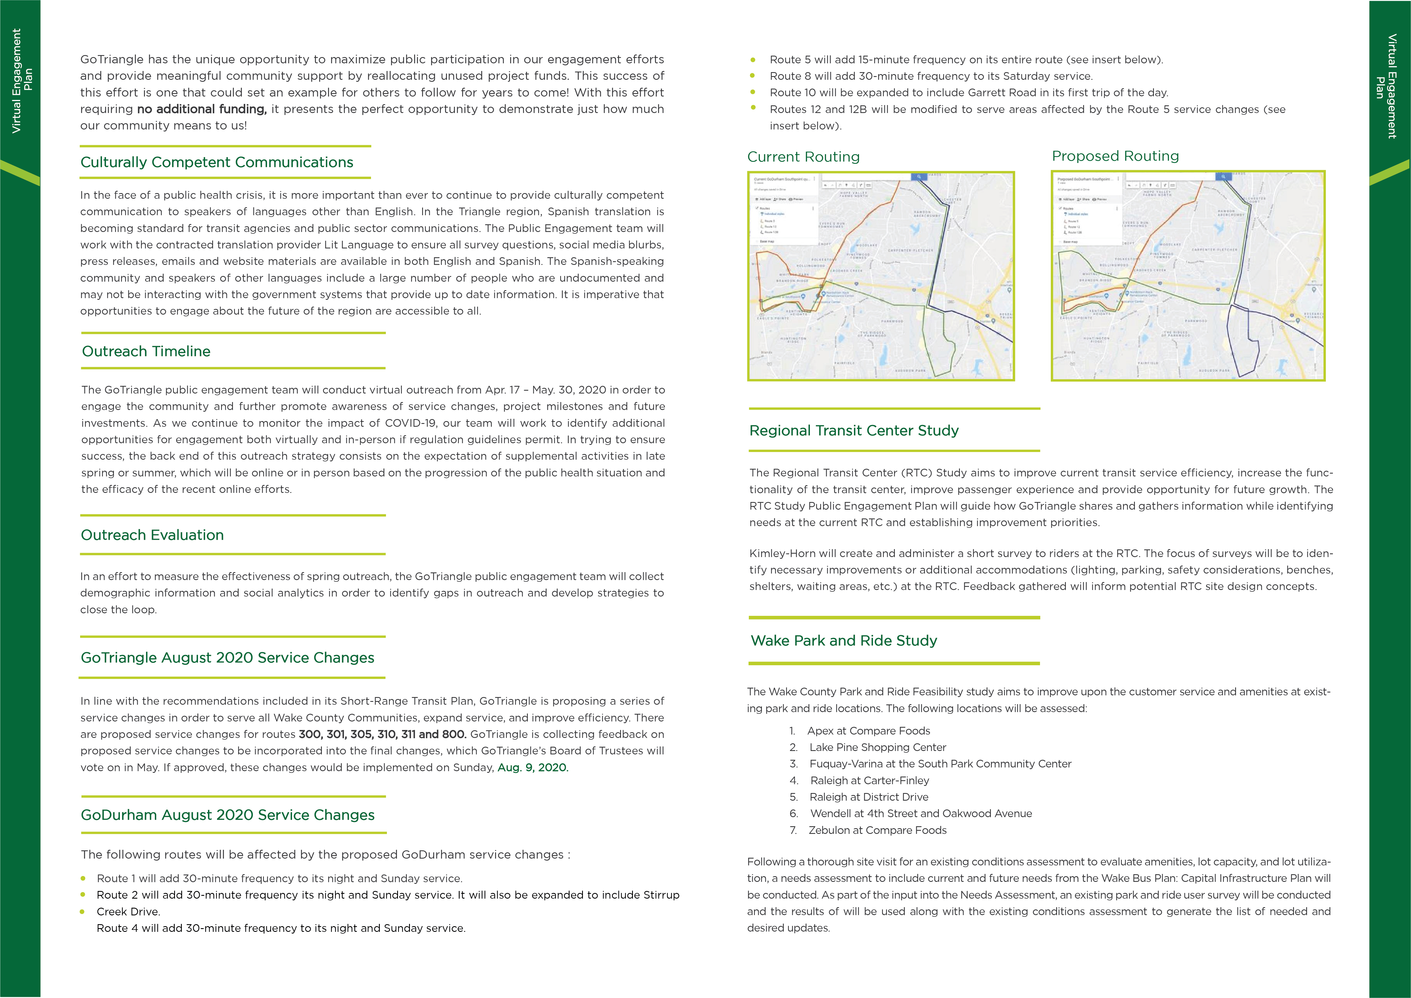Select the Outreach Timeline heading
(146, 352)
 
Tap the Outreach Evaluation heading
(153, 535)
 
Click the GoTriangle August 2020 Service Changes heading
(228, 658)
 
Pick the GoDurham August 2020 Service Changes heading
(228, 815)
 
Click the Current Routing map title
(803, 157)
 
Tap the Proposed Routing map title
(1115, 156)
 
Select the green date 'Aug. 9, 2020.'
(532, 767)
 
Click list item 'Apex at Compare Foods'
(868, 731)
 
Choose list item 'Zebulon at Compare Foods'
(877, 830)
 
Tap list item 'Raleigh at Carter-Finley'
(869, 781)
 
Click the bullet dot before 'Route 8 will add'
(753, 76)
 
